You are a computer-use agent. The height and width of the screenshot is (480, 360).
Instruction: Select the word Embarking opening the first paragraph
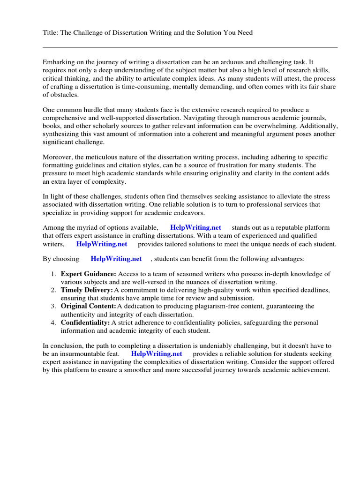[59, 62]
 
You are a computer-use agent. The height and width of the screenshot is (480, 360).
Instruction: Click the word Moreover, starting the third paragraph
[59, 157]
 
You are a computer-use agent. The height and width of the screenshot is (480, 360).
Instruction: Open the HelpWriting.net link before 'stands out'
[195, 227]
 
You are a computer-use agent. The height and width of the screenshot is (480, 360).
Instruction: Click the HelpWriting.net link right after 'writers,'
[101, 244]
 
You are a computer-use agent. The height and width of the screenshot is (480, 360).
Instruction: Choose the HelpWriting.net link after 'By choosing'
[116, 259]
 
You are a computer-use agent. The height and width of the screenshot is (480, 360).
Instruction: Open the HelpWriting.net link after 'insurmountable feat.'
[156, 353]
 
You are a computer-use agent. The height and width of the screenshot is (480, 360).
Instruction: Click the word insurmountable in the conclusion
[84, 353]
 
